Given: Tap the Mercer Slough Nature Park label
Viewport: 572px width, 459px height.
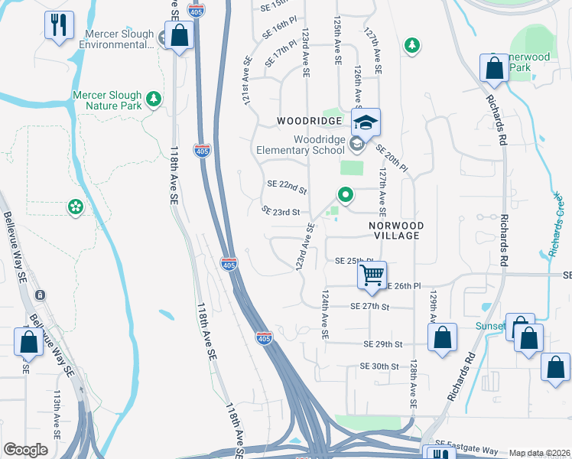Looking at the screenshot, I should tap(107, 100).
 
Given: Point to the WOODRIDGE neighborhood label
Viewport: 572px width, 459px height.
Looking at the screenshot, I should tap(308, 122).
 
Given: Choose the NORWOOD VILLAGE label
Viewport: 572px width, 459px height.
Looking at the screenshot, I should tap(394, 231).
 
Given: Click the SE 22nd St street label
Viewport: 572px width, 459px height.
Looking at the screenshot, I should tap(287, 185).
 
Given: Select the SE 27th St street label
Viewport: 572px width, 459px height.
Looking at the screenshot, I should tap(369, 306).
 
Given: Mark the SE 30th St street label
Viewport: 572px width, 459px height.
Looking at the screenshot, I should tap(380, 366).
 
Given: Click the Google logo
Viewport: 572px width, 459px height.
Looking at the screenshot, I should tap(25, 450).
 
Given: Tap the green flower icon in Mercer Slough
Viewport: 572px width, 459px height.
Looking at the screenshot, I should tap(75, 207).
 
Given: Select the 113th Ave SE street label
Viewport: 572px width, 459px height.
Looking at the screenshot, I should tap(57, 413).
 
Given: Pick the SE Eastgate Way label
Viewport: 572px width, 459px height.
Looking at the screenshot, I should tap(466, 443).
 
